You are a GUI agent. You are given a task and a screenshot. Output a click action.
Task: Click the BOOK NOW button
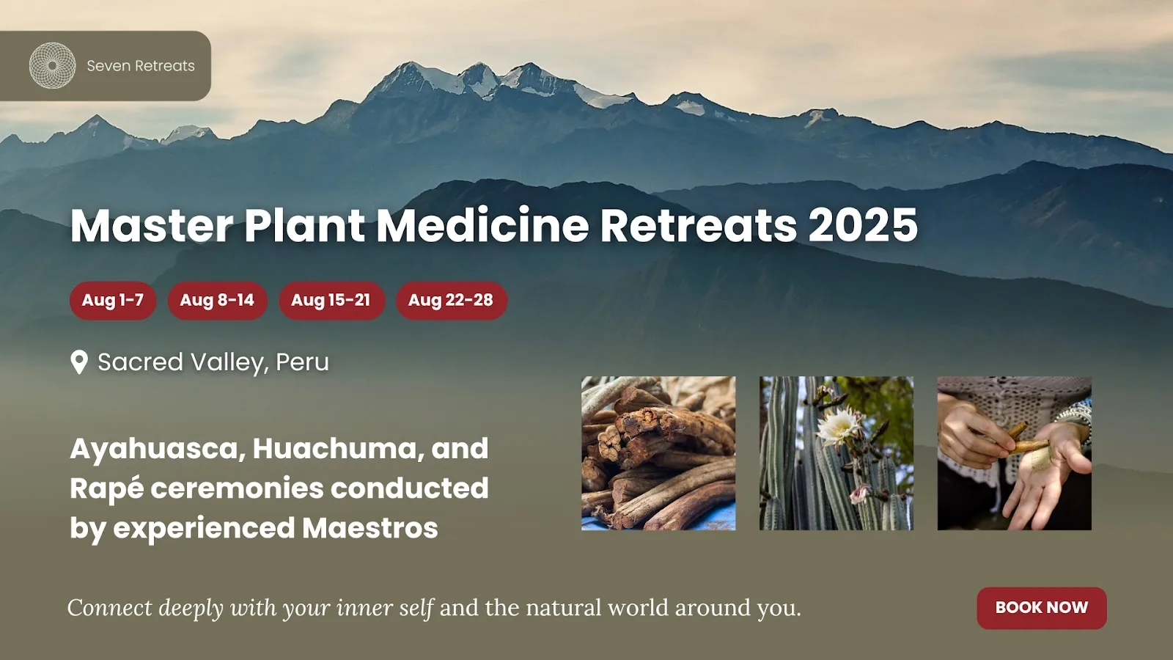click(1042, 608)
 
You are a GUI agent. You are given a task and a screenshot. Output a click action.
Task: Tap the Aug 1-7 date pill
click(113, 300)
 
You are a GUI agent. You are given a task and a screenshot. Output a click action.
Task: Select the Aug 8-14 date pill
click(217, 300)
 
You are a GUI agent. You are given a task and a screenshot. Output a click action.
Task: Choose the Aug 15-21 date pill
click(331, 300)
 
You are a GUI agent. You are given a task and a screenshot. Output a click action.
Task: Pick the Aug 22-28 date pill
click(451, 300)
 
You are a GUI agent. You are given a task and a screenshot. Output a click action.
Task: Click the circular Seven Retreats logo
click(52, 65)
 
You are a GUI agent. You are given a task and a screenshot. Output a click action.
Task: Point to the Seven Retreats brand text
click(141, 66)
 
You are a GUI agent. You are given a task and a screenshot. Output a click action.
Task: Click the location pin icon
click(79, 362)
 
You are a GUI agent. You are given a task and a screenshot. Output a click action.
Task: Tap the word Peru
click(302, 362)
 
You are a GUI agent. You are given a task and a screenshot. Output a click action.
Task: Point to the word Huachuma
click(338, 449)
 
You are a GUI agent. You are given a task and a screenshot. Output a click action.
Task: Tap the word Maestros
click(369, 528)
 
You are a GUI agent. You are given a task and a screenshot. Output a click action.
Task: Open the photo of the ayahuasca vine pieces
click(658, 453)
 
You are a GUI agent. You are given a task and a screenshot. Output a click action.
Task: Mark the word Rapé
click(106, 489)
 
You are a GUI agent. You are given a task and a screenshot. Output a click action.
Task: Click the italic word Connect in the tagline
click(110, 608)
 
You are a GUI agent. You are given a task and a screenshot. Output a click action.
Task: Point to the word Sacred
click(140, 362)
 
